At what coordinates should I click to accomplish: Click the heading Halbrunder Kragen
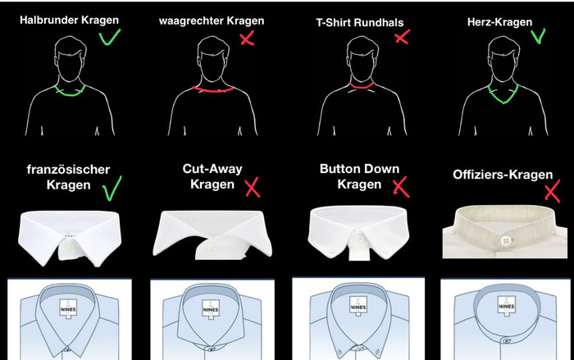coord(69,20)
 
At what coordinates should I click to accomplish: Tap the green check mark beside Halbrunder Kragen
coord(109,37)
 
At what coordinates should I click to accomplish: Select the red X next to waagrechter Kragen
coord(248,39)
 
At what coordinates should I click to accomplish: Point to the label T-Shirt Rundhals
coord(360,23)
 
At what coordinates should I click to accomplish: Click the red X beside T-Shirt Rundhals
coord(403,37)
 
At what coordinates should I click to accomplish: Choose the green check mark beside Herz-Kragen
coord(538,35)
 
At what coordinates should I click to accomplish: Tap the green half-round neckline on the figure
coord(71,93)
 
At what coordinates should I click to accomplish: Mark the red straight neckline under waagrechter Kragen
coord(213,89)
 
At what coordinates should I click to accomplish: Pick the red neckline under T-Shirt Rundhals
coord(362,87)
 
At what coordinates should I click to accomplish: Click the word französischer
coord(68,169)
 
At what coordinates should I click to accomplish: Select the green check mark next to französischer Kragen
coord(112,189)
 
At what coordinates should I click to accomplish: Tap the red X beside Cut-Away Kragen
coord(253,187)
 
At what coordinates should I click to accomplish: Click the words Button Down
coord(359,169)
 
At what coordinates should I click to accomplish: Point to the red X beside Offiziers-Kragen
coord(552,191)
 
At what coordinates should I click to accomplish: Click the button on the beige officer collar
coord(506,240)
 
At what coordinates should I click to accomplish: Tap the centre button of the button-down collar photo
coord(359,239)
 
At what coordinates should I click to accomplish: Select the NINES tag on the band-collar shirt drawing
coord(507,305)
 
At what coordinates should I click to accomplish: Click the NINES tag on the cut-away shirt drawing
coord(211,308)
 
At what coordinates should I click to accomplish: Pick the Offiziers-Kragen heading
coord(503,175)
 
